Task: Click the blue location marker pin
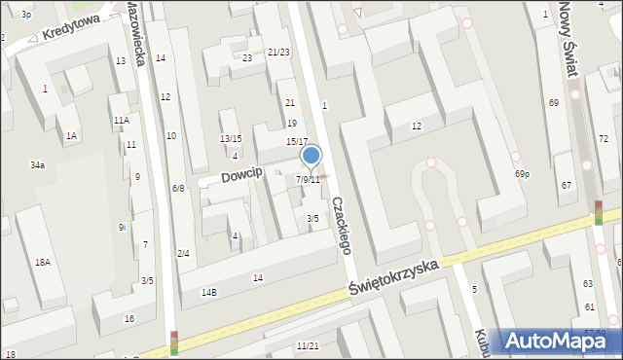(x=311, y=156)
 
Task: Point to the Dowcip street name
(x=242, y=174)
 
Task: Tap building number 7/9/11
(x=308, y=180)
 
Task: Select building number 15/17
(x=297, y=142)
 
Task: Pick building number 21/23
(x=278, y=53)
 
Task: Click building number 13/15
(x=230, y=139)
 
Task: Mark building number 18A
(x=43, y=263)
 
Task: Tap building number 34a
(x=37, y=166)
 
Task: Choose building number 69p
(x=523, y=174)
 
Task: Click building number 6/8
(x=178, y=188)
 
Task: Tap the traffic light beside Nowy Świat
(x=598, y=213)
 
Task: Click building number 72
(x=603, y=139)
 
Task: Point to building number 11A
(x=121, y=121)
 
